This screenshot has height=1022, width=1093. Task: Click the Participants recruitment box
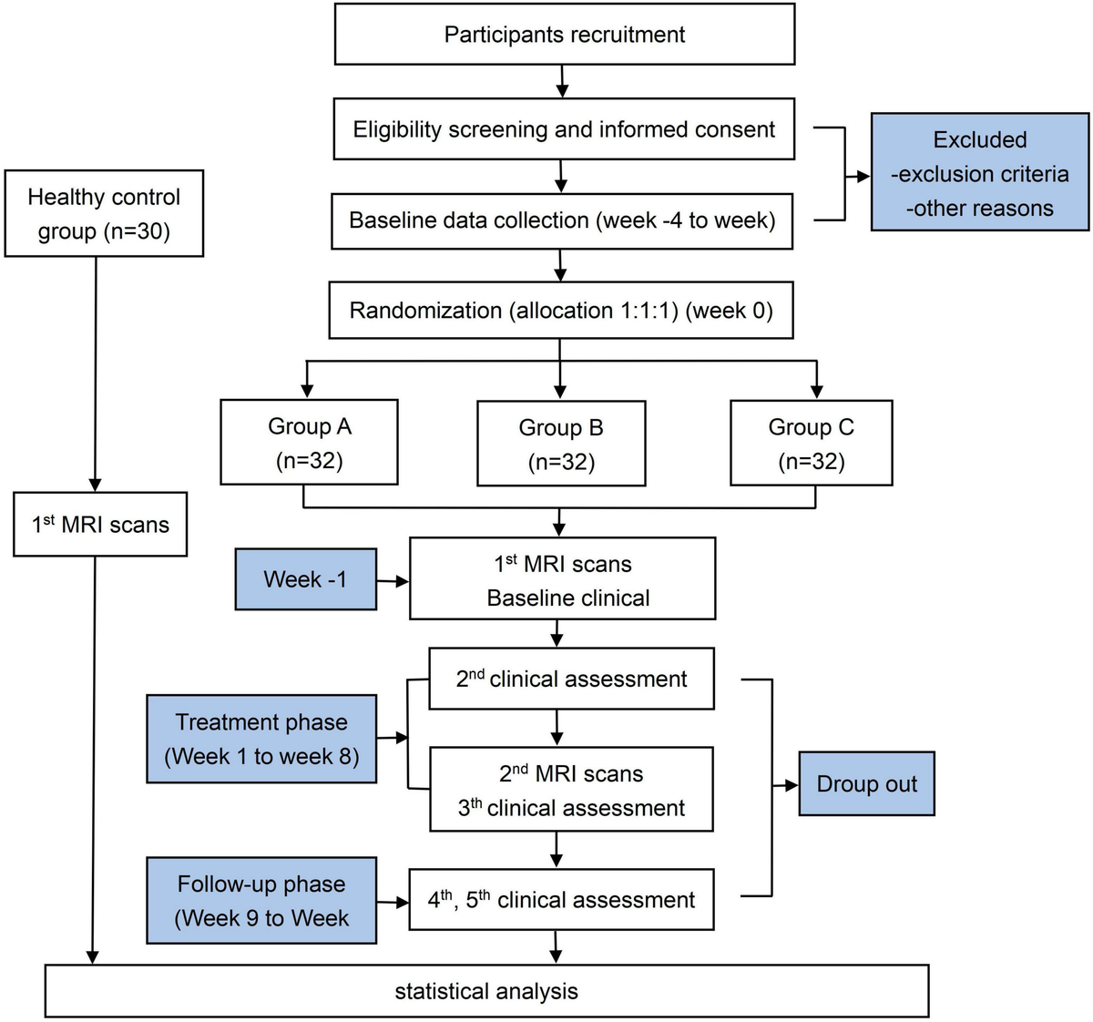(564, 35)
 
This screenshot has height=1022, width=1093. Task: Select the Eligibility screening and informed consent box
(564, 129)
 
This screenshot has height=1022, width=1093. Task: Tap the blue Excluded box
(979, 172)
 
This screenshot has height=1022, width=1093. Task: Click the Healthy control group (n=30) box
(104, 213)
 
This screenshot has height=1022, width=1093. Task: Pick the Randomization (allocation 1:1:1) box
(560, 311)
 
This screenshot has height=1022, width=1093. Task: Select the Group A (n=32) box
(309, 442)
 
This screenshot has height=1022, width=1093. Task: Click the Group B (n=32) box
(561, 444)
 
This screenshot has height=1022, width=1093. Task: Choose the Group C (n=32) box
(811, 443)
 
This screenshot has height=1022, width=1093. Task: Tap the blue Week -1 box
(305, 579)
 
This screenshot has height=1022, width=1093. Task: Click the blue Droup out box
(866, 783)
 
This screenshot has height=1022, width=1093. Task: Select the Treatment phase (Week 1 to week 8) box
(261, 739)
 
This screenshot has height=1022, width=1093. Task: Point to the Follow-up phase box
(261, 900)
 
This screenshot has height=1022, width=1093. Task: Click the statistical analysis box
(486, 991)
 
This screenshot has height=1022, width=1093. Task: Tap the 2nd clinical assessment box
(571, 679)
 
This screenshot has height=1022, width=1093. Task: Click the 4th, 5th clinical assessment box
(561, 900)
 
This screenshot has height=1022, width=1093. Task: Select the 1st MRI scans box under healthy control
(100, 525)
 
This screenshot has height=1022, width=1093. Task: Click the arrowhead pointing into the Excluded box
(863, 177)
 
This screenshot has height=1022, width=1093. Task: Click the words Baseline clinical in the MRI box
(568, 598)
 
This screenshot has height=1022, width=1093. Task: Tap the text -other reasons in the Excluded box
(979, 208)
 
